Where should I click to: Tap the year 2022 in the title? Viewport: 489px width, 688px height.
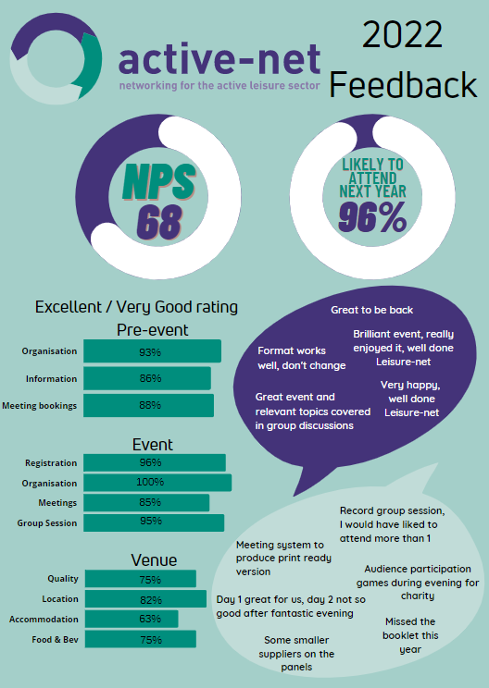point(403,35)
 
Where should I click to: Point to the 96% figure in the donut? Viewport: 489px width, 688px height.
point(372,216)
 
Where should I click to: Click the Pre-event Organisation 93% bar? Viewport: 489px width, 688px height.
point(152,351)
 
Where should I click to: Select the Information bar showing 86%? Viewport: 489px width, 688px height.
point(147,378)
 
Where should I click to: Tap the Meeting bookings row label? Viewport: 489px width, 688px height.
point(40,406)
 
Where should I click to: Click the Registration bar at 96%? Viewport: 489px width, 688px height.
point(155,463)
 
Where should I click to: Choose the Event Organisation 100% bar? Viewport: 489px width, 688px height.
point(157,483)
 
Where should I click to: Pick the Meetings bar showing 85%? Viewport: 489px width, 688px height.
point(146,502)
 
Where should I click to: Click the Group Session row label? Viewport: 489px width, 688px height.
point(47,523)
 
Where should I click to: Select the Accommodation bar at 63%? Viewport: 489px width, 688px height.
point(132,620)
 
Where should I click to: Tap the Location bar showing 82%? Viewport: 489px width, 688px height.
point(145,599)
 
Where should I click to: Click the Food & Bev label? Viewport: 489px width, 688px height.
point(55,640)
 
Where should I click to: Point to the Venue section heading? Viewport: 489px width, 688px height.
point(154,560)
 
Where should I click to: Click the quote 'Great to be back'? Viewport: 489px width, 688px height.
point(371,310)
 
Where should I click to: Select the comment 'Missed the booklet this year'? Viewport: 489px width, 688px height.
point(410,635)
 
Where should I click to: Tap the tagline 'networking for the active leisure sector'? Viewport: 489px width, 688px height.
point(219,86)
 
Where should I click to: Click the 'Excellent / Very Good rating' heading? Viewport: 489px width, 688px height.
point(136,307)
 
